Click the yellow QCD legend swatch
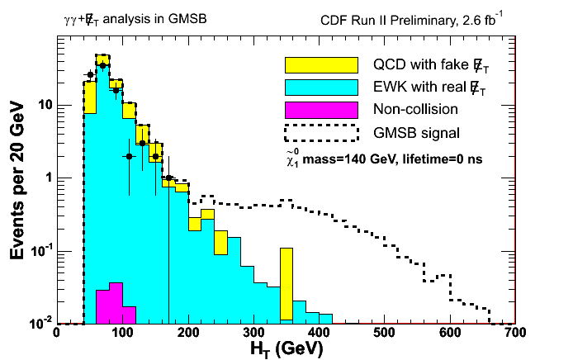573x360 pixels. [320, 64]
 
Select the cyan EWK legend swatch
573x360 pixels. [320, 86]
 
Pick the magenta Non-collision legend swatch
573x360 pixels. [320, 108]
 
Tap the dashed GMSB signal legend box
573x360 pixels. [320, 130]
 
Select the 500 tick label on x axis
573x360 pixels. [384, 333]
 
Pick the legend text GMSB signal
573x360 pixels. [416, 130]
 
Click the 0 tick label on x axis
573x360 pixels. [56, 333]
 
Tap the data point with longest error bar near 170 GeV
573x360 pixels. [168, 178]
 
